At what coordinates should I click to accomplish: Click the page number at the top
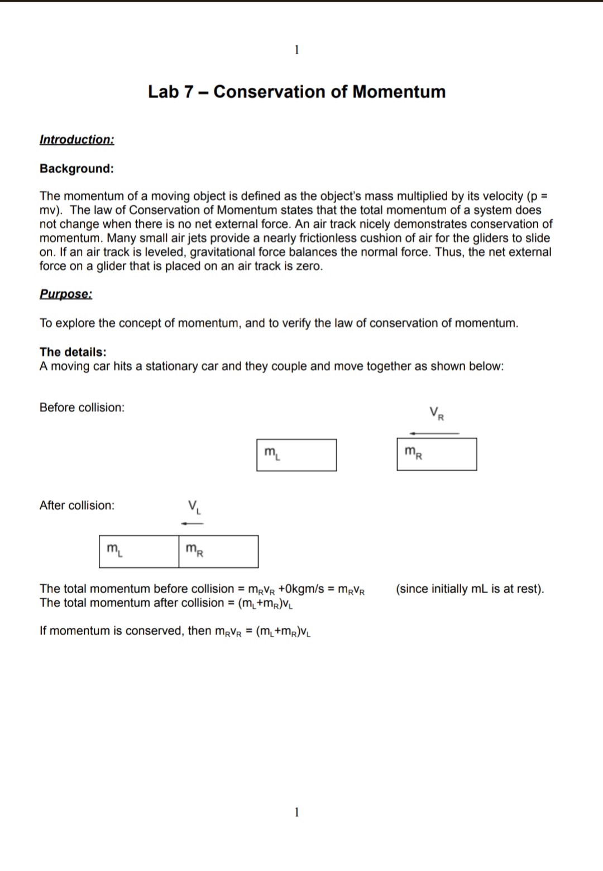pyautogui.click(x=296, y=50)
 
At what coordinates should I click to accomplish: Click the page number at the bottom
pyautogui.click(x=296, y=812)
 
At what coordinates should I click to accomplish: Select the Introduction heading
pyautogui.click(x=76, y=140)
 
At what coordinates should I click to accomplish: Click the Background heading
pyautogui.click(x=76, y=169)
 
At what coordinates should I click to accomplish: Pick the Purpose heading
pyautogui.click(x=66, y=294)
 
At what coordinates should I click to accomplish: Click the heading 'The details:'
pyautogui.click(x=73, y=352)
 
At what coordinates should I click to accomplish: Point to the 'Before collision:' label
pyautogui.click(x=82, y=408)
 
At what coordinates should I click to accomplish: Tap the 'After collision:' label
pyautogui.click(x=77, y=505)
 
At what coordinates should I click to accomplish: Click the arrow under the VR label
pyautogui.click(x=434, y=433)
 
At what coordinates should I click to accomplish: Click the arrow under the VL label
pyautogui.click(x=192, y=523)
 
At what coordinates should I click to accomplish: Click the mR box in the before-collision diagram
pyautogui.click(x=437, y=455)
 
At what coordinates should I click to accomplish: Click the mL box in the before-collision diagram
pyautogui.click(x=296, y=455)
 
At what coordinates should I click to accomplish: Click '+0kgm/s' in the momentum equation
pyautogui.click(x=301, y=589)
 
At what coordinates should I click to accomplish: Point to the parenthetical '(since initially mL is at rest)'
pyautogui.click(x=470, y=589)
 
